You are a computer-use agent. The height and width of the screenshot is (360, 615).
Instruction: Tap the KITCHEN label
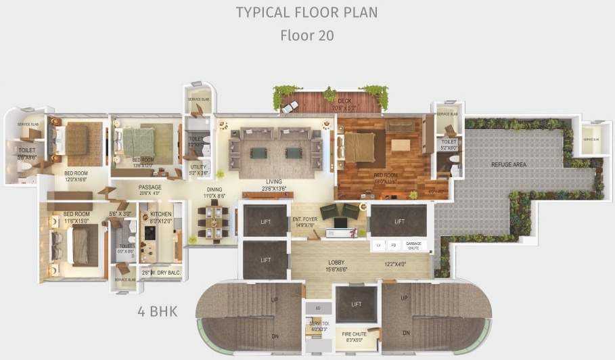point(160,214)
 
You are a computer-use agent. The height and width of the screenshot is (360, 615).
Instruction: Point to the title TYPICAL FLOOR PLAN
point(306,12)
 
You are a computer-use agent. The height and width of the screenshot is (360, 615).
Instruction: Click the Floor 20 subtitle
point(306,35)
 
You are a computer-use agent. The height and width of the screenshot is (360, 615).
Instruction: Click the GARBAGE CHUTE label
point(413,245)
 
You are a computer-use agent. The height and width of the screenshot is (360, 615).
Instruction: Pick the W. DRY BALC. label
point(157,273)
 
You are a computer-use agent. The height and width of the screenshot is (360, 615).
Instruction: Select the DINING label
point(214,190)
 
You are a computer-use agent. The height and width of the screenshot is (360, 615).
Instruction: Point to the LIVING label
point(273,181)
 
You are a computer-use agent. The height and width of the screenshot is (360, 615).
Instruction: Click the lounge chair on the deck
point(292,107)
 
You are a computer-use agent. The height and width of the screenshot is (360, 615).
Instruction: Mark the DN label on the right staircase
point(406,333)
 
